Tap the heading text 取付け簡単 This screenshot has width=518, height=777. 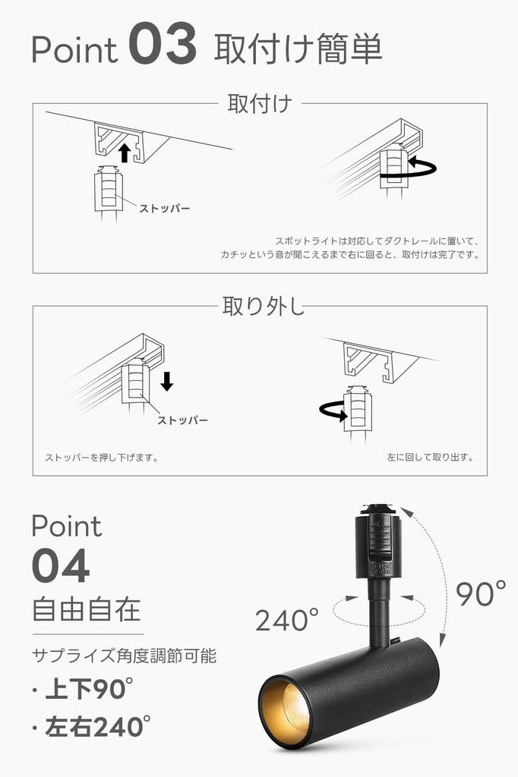tap(298, 49)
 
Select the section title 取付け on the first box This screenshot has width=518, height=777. tap(260, 104)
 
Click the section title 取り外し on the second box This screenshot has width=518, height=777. tap(263, 307)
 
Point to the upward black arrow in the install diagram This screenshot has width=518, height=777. tap(125, 154)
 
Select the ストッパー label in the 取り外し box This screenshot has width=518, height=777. tap(182, 420)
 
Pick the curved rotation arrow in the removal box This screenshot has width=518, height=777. tap(332, 411)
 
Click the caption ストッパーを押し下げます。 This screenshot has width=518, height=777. tap(102, 458)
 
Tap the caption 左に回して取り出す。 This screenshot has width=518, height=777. tap(430, 458)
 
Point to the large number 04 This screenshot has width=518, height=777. tap(61, 566)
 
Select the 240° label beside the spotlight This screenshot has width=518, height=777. tap(286, 620)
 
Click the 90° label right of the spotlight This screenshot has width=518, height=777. tap(481, 593)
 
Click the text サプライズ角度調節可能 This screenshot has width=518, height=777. tap(129, 654)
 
